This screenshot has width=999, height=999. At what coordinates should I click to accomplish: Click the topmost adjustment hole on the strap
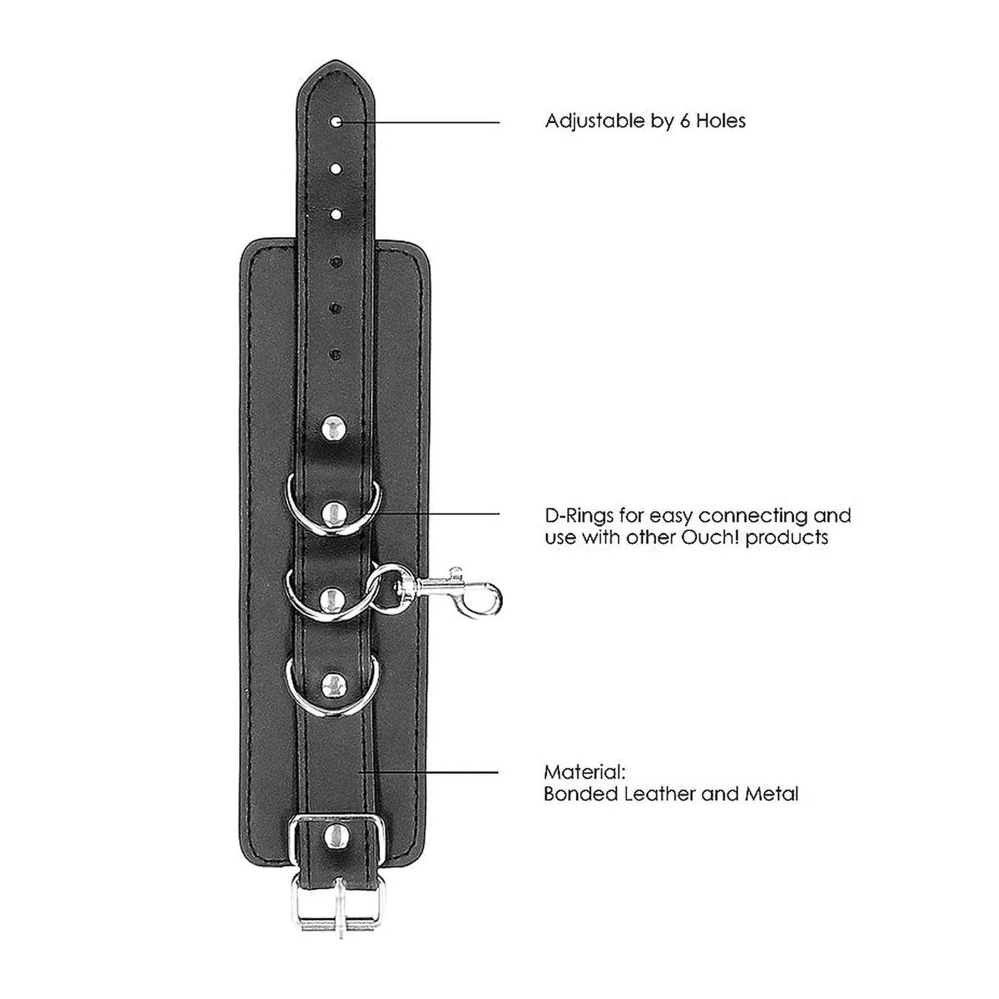337,122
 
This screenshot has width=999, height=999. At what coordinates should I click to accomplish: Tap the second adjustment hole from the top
336,169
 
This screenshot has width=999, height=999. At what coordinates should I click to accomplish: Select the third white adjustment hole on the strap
336,214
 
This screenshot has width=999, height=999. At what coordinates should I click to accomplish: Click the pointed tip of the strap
336,60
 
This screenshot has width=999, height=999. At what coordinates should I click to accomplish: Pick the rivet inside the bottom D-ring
334,686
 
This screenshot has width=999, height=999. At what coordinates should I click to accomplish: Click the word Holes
721,121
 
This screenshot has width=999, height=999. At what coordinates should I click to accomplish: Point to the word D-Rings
579,516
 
